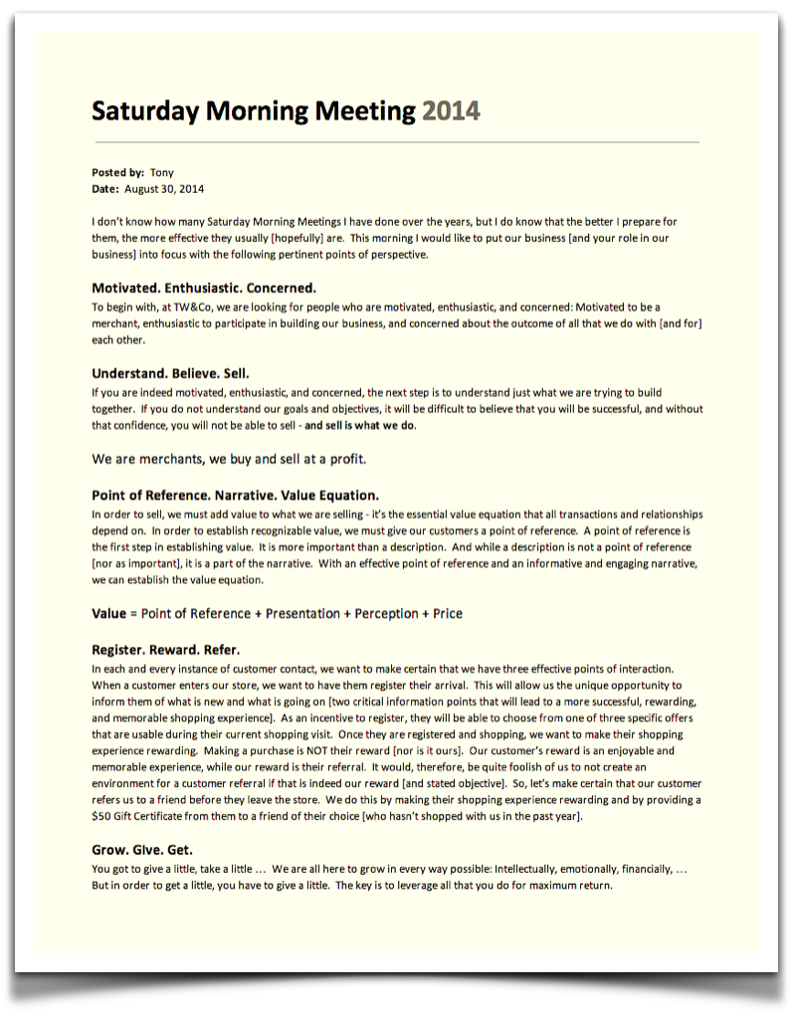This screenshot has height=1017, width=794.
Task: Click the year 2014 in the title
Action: tap(451, 110)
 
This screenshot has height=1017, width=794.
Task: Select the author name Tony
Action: tap(161, 172)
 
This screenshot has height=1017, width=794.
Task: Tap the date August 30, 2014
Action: tap(164, 188)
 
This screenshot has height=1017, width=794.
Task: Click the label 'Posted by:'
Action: tap(117, 172)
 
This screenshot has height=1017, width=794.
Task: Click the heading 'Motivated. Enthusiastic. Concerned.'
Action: tap(204, 289)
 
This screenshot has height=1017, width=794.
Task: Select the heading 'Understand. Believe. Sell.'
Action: tap(170, 374)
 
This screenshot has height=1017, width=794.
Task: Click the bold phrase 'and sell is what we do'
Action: tap(360, 426)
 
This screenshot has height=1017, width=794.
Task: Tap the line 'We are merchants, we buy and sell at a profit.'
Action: tap(229, 459)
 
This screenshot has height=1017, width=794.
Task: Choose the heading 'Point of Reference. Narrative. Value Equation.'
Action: tap(235, 496)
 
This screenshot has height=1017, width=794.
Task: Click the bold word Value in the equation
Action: tap(108, 614)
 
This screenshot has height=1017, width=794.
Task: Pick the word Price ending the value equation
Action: tap(448, 614)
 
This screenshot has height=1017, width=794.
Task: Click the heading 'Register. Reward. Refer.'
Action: tap(165, 651)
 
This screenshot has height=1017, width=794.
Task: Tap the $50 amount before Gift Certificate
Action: tap(101, 817)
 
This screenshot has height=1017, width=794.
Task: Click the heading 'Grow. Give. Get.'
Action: tap(142, 851)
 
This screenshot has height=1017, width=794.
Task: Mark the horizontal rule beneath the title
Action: tap(395, 142)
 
